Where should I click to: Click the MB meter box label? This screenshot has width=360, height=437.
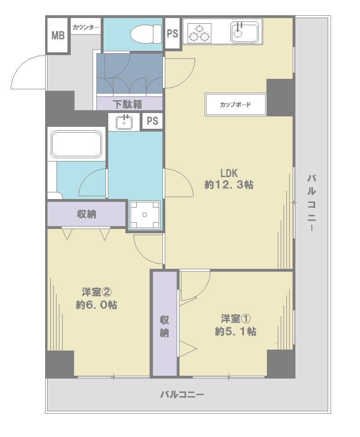[x=58, y=36]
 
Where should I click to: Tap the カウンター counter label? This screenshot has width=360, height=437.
[x=86, y=28]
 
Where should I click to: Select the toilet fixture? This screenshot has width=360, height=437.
[x=146, y=34]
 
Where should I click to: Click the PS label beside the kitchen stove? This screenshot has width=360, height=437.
[x=172, y=33]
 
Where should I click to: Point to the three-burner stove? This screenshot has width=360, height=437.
[x=199, y=33]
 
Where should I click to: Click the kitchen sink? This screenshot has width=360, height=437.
[x=245, y=32]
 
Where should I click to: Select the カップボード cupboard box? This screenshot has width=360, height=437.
[x=236, y=104]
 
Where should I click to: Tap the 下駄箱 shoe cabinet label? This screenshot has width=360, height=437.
[x=128, y=104]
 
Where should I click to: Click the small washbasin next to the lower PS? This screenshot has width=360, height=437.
[x=124, y=122]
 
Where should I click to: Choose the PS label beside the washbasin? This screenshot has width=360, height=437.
[x=152, y=121]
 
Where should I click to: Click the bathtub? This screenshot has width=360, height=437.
[x=76, y=144]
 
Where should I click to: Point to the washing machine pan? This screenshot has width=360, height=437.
[x=144, y=215]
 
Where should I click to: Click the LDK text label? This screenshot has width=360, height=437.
[x=229, y=173]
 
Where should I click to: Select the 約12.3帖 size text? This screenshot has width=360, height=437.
[x=229, y=184]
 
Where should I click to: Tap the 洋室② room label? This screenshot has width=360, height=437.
[x=97, y=292]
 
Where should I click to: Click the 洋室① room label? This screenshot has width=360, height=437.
[x=236, y=318]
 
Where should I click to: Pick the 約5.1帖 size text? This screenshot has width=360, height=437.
[x=236, y=332]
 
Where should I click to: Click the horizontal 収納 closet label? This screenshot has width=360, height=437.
[x=86, y=214]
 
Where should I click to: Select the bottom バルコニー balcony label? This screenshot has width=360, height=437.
[x=182, y=394]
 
